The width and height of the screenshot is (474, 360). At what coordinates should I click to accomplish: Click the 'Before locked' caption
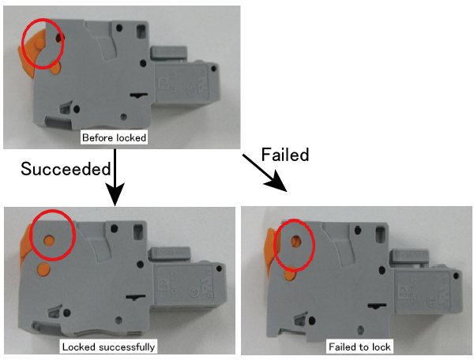115,137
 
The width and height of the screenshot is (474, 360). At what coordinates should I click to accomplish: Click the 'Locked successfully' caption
108,347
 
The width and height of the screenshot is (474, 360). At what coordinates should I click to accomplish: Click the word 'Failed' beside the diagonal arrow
284,155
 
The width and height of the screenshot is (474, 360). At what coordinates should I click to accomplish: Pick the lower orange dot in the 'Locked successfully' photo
43,271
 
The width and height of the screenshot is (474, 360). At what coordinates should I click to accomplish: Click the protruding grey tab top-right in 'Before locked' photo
164,54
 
